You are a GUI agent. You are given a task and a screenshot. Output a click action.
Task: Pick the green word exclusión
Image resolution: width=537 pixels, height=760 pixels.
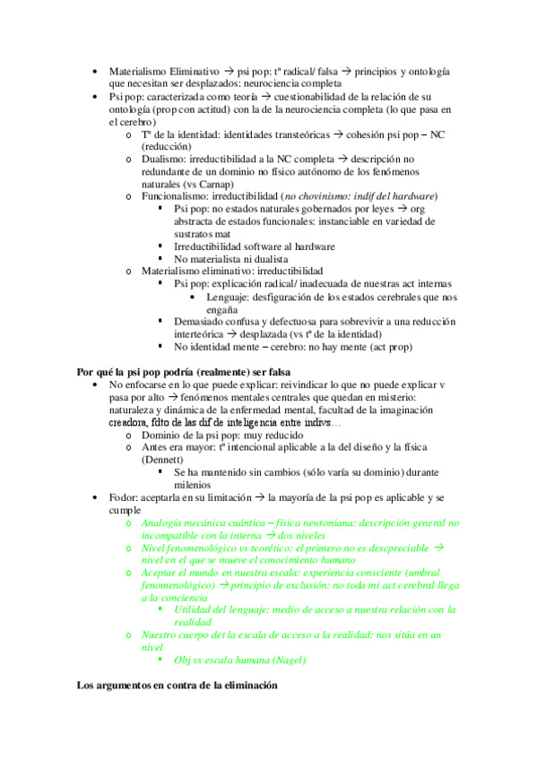click(x=306, y=584)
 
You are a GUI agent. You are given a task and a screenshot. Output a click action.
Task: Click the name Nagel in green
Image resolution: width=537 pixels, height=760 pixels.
click(x=284, y=661)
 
